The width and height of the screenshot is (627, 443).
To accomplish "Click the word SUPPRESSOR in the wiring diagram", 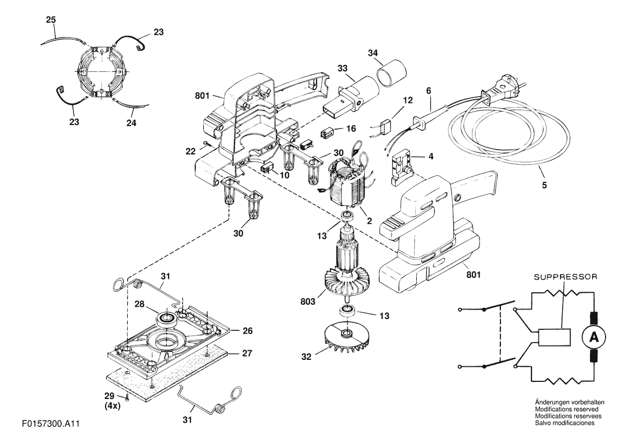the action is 566,277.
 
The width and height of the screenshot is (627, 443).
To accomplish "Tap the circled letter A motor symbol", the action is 594,338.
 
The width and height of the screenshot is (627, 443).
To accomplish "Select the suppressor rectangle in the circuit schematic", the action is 554,337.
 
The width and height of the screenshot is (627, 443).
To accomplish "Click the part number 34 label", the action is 373,53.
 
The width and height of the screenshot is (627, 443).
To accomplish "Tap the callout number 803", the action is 307,301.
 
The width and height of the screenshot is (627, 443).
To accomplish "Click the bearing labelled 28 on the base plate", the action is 167,319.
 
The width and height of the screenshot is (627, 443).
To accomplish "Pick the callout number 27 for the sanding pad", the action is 247,353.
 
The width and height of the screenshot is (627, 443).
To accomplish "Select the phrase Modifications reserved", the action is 566,409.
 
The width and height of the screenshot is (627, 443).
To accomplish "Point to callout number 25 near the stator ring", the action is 51,20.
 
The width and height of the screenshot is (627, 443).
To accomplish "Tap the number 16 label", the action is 351,128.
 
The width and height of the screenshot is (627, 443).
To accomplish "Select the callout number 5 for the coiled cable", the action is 544,185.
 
